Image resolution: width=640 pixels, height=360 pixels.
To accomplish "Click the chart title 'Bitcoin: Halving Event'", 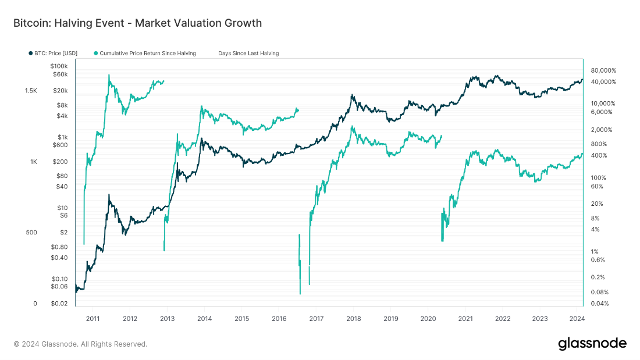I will pos(137,23).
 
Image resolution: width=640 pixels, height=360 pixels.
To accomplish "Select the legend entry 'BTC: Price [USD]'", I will pos(56,54).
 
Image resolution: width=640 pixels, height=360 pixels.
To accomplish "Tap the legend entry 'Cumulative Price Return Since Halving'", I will pos(148,54).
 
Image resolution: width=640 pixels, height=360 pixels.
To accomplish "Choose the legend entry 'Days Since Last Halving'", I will pos(248,54).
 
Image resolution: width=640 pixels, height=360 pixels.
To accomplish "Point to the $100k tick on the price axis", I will pos(59,66).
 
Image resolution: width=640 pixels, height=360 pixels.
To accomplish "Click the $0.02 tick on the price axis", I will pos(59,304).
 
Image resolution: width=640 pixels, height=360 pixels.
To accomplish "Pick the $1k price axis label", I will pos(62,137).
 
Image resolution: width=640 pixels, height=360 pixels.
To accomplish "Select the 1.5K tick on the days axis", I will pos(31,91).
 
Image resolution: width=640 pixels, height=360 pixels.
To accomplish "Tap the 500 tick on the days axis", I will pos(31,233).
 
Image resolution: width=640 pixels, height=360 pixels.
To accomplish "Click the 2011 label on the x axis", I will pos(93,319).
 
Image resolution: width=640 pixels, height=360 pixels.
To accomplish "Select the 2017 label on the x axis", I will pos(316,319).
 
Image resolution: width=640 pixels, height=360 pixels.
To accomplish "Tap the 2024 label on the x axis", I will pos(577,319).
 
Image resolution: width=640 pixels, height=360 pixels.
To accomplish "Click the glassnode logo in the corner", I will pos(592,343).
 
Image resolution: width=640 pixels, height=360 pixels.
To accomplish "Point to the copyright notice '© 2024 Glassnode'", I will pos(80,344).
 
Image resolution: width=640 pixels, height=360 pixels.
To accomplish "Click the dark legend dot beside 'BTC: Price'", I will pos(30,54).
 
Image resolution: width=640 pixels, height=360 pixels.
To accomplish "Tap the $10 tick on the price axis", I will pos(62,208).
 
